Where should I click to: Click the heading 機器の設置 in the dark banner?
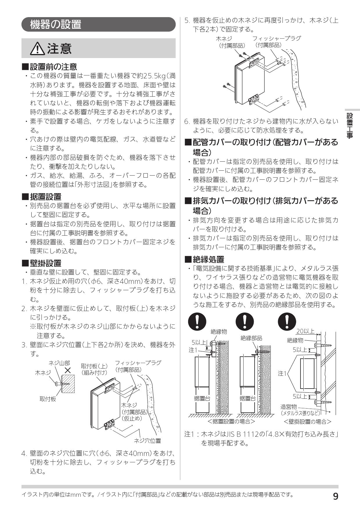(x=55, y=24)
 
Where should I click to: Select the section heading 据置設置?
(x=46, y=197)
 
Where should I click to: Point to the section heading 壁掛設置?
(x=46, y=263)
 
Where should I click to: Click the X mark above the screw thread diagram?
(x=68, y=370)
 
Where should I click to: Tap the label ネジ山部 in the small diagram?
(x=59, y=363)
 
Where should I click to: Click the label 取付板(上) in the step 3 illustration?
(x=94, y=366)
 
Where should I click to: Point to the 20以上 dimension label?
(x=305, y=331)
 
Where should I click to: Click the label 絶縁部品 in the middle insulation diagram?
(x=251, y=338)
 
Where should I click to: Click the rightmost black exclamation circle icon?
(x=287, y=321)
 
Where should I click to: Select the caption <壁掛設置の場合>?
(x=307, y=421)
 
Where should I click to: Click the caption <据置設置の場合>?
(x=231, y=421)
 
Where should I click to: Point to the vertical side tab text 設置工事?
(x=350, y=125)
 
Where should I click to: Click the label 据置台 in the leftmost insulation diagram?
(x=202, y=398)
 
